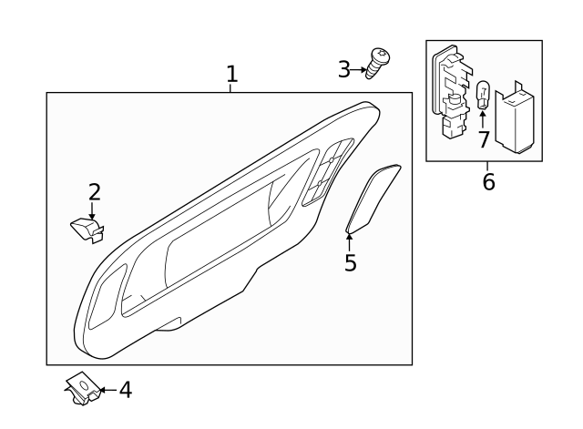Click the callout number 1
coord(232,74)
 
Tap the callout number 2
coord(94,192)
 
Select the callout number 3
coord(344,68)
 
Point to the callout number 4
coord(126,390)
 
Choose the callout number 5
coord(350,263)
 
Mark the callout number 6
coord(488,181)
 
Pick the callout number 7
coord(483,139)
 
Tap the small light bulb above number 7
coord(484,94)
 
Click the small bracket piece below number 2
coord(86,229)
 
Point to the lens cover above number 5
coord(373,196)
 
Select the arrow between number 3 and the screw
coord(359,68)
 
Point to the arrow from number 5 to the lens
coord(350,241)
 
